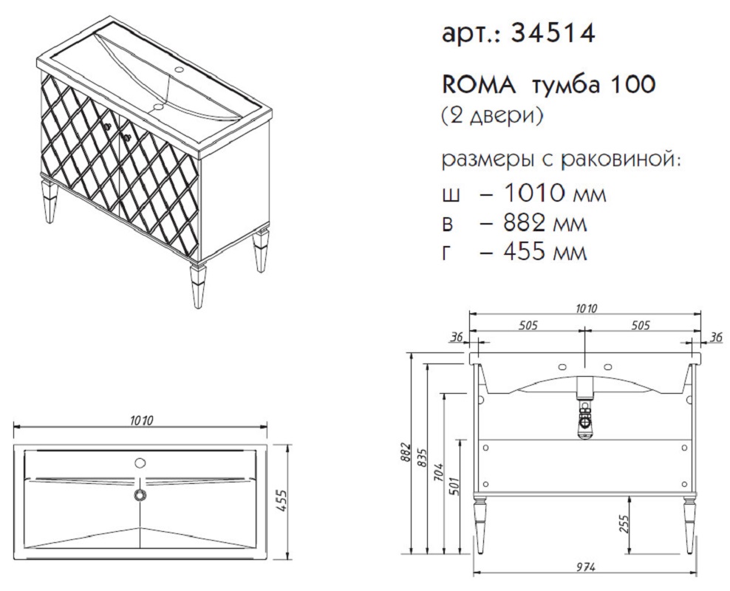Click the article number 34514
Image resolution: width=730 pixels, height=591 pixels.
[553, 33]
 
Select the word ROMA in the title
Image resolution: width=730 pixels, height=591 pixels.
[477, 85]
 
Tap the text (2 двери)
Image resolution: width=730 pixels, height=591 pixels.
[492, 116]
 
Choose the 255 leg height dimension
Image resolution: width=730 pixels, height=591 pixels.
[625, 525]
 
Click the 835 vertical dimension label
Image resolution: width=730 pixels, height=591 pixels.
[423, 460]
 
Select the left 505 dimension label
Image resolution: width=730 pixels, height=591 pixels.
[528, 325]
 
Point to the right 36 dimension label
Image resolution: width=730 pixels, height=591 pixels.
[717, 337]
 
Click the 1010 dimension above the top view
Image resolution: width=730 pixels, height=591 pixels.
[142, 420]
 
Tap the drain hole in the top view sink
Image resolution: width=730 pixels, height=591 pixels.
[140, 495]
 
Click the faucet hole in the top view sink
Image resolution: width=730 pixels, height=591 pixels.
[139, 462]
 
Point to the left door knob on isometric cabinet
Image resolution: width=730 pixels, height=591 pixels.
[108, 125]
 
